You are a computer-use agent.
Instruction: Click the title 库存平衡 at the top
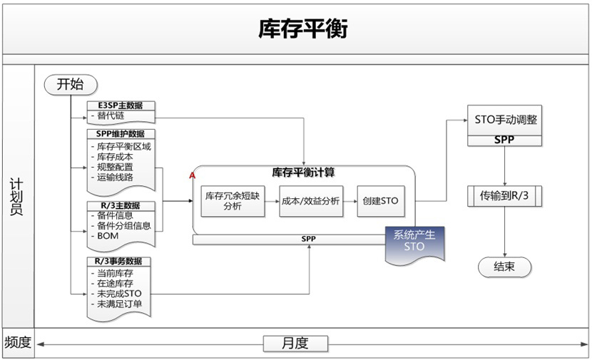pos(303,29)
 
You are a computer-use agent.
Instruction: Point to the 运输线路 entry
pos(115,178)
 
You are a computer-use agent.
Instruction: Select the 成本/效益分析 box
pos(310,201)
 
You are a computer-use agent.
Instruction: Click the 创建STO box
pos(380,201)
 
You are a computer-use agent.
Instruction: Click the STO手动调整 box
pos(504,120)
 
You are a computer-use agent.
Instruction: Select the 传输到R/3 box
pos(505,195)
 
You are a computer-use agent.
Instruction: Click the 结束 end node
pos(504,267)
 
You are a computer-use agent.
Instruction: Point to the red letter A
pos(192,175)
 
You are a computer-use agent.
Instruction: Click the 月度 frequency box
pos(295,343)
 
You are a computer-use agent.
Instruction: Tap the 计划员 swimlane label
pos(17,196)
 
